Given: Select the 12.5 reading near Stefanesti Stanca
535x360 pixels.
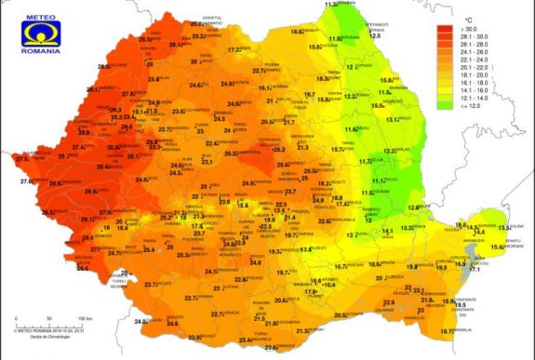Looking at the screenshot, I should click(376, 36).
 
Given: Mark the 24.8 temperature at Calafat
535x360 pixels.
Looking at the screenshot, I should click(142, 322).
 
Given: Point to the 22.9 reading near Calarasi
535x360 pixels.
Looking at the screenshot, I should click(389, 303).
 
